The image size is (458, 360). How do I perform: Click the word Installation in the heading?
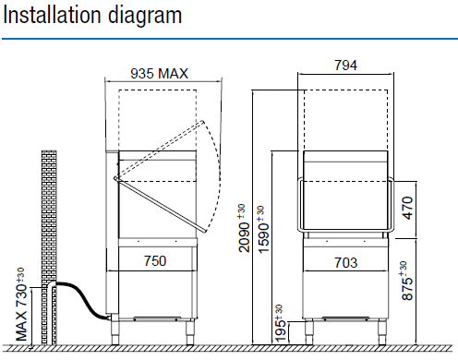tap(52, 15)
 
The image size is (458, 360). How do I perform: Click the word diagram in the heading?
tap(145, 17)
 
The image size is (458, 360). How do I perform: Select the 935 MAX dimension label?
tap(159, 74)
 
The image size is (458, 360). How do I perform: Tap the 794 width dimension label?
tap(345, 66)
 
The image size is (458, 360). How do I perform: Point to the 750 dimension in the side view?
tap(155, 261)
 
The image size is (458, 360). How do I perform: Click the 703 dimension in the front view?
tap(346, 263)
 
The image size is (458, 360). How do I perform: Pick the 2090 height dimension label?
tap(244, 228)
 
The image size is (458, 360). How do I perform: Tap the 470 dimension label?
tap(407, 208)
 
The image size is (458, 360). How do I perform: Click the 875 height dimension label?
tap(407, 281)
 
